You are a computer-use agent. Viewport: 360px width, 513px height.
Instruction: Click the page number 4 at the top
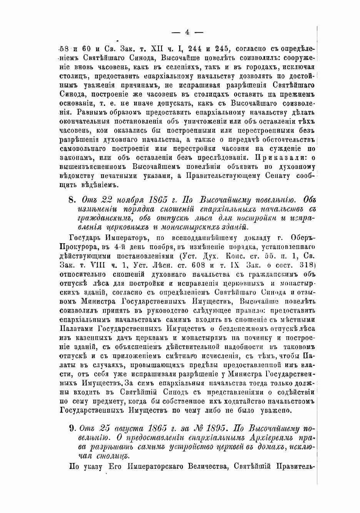[187, 32]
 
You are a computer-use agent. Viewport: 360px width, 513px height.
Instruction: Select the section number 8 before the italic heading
[71, 200]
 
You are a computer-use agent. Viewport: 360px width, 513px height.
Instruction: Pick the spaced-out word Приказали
[279, 157]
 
